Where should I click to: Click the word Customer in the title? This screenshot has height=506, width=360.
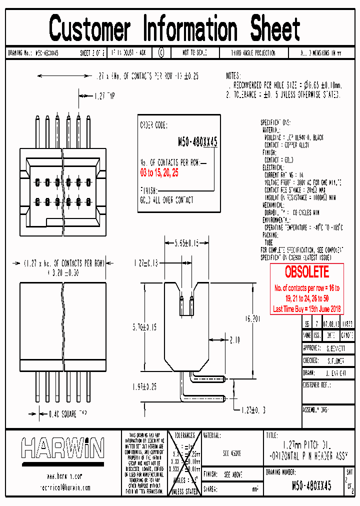point(90,29)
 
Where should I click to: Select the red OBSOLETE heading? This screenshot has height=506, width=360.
point(306,272)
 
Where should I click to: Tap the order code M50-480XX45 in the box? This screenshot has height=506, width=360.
point(197,142)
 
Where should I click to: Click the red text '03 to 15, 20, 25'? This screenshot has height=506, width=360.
point(159,172)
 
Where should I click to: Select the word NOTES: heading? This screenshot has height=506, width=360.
point(233,76)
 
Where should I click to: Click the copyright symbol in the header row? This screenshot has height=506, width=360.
point(160,52)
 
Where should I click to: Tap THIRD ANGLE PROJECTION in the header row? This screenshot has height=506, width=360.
point(252,52)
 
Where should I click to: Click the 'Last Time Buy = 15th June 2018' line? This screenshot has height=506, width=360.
point(306,309)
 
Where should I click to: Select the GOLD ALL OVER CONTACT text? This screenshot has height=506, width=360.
point(166,200)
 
